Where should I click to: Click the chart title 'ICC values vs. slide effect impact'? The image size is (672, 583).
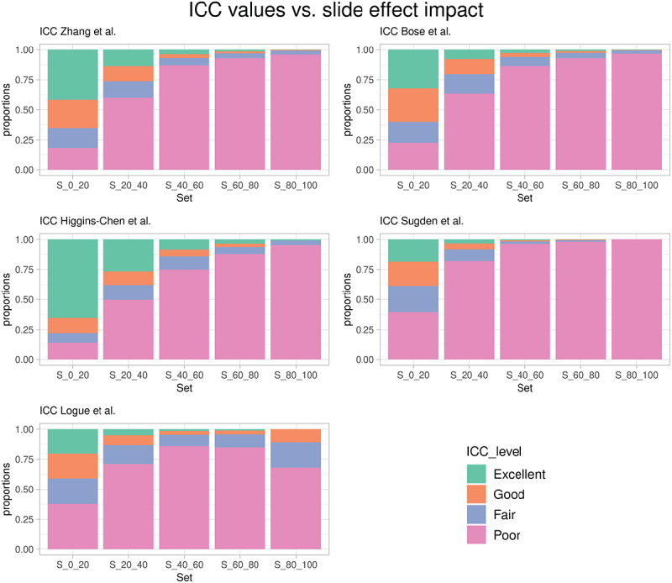336,13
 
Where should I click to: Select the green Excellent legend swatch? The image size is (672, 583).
480,475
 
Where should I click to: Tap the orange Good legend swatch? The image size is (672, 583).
480,495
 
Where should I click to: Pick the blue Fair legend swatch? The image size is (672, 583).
480,515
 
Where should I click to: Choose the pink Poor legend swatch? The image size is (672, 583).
480,535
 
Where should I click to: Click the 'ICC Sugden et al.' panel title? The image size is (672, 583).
422,222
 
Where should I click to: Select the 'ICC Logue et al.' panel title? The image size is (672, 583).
77,412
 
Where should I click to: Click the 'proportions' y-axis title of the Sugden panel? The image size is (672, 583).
348,299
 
